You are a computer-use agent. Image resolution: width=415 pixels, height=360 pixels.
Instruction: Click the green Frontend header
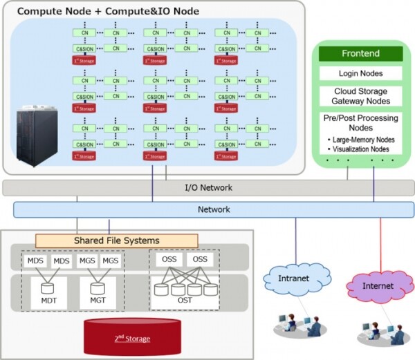(360, 53)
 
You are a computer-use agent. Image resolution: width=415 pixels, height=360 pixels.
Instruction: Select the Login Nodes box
(360, 73)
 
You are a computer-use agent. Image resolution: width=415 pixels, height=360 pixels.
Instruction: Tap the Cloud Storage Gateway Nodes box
(360, 97)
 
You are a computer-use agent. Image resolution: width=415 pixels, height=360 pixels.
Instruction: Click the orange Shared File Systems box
(116, 240)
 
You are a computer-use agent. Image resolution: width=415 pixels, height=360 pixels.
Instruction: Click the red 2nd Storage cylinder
(131, 337)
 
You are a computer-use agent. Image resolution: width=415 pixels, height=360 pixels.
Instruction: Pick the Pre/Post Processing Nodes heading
(360, 122)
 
